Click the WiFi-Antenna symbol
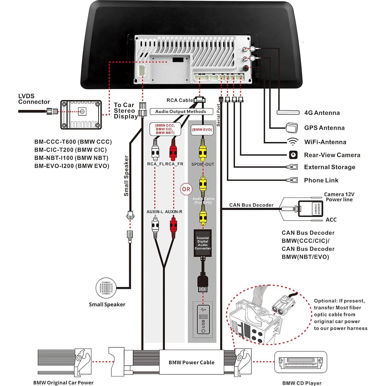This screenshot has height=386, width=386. [293, 142]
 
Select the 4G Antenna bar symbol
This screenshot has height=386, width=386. [288, 112]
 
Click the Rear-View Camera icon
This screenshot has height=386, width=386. [293, 155]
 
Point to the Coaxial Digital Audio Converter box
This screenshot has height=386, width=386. [203, 243]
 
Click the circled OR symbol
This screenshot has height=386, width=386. [186, 189]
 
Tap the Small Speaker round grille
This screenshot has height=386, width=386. [106, 288]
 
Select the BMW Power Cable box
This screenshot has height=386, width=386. [191, 362]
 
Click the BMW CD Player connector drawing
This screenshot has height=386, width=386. [301, 362]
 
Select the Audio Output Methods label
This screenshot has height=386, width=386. [181, 111]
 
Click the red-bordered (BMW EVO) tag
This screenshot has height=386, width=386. [202, 130]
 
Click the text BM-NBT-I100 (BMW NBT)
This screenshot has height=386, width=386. [71, 158]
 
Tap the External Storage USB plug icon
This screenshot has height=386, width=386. [292, 167]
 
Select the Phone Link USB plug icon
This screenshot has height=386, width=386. [292, 180]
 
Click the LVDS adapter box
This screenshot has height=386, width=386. [81, 115]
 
